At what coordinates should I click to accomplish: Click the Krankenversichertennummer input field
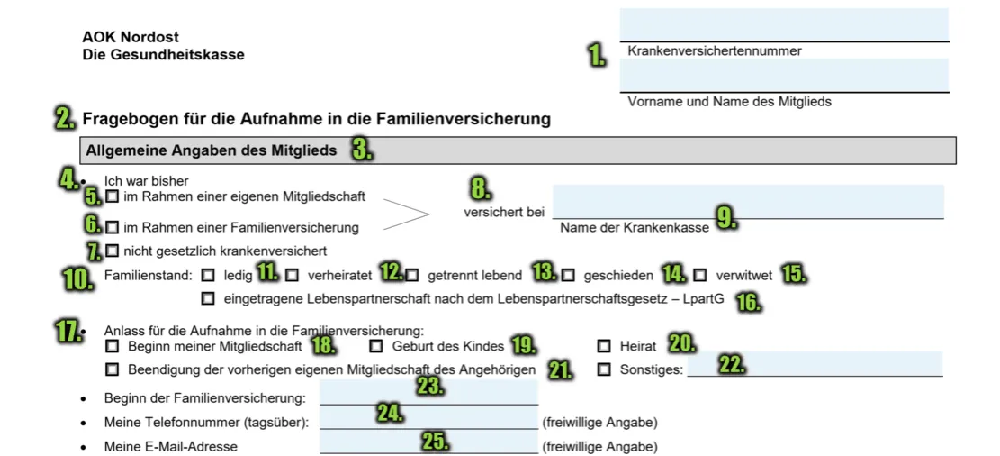(x=783, y=24)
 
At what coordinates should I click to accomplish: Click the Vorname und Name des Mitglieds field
(x=783, y=75)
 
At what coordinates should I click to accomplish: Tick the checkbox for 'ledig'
(x=208, y=274)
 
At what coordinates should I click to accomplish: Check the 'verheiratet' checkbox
(x=292, y=274)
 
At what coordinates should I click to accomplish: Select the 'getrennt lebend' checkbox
(x=412, y=274)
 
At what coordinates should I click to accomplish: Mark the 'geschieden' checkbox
(x=568, y=274)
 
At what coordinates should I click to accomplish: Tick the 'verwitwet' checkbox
(x=700, y=274)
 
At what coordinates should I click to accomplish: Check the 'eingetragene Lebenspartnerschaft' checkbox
(x=208, y=298)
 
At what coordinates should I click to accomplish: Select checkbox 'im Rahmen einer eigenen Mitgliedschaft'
(x=112, y=196)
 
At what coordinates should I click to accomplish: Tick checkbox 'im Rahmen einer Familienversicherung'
(x=112, y=226)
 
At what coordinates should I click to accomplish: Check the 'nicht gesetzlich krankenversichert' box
(x=112, y=250)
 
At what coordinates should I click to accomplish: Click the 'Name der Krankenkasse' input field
(x=747, y=201)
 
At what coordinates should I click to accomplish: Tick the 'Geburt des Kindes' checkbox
(x=376, y=345)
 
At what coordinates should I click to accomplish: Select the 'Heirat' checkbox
(x=603, y=345)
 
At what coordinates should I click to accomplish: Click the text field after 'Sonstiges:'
(x=815, y=363)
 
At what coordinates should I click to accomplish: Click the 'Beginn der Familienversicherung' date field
(x=428, y=393)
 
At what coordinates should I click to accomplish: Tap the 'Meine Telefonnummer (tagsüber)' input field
(x=428, y=417)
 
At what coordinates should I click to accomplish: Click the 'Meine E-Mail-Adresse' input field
(x=428, y=442)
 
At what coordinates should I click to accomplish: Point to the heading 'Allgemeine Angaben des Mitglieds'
(x=211, y=150)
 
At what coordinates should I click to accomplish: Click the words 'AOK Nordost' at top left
(x=131, y=37)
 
